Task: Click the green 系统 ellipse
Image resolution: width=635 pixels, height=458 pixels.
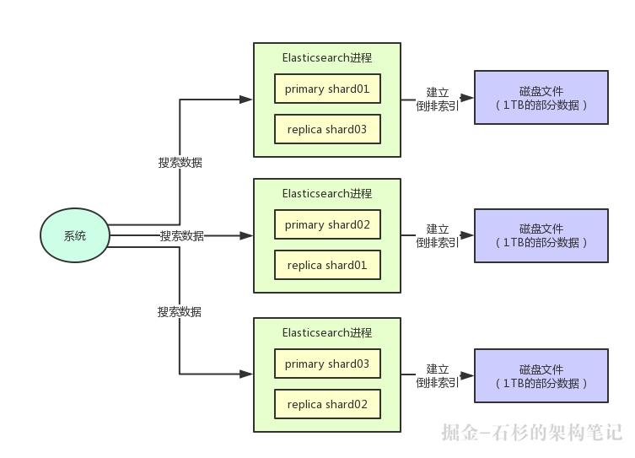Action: tap(75, 235)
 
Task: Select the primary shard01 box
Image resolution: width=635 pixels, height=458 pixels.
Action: tap(327, 89)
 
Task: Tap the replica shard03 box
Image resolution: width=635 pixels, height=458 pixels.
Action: tap(327, 129)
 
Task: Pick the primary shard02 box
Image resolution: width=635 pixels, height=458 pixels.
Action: tap(327, 224)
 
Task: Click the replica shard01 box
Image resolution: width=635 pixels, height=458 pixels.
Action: tap(327, 265)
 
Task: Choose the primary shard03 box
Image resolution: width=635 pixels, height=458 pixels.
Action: tap(327, 364)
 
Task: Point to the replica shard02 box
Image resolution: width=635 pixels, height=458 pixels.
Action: tap(327, 404)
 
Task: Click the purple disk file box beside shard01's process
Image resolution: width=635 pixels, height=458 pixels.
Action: tap(541, 98)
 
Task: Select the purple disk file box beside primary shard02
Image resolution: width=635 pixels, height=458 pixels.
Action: tap(541, 235)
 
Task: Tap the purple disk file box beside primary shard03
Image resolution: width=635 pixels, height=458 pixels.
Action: tap(541, 376)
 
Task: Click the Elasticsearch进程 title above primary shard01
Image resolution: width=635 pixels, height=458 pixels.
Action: tap(327, 58)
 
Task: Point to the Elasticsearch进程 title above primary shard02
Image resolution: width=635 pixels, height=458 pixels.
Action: tap(327, 193)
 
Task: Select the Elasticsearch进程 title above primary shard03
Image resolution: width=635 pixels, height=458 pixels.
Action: tap(327, 333)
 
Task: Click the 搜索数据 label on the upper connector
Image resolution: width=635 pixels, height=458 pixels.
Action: tap(180, 163)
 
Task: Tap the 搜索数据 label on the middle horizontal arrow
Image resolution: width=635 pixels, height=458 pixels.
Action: tap(182, 235)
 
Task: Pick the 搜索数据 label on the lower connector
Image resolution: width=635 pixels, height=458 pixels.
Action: tap(180, 312)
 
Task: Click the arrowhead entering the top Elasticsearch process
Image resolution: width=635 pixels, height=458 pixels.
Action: tap(245, 100)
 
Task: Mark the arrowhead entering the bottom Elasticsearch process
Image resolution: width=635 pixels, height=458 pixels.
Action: tap(245, 374)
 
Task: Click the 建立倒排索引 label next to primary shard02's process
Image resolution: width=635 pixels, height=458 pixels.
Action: tap(438, 235)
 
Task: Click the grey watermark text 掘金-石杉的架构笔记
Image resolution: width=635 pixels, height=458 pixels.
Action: tap(532, 433)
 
